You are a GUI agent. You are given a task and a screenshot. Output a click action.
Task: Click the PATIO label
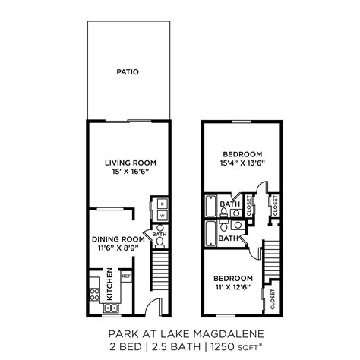[128, 73]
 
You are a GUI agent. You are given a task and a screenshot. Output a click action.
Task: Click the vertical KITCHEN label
[110, 283]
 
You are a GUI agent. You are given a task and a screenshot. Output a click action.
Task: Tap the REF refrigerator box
[127, 277]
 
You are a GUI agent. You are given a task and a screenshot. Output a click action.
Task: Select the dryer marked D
[163, 204]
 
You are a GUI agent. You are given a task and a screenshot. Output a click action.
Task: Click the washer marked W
[163, 216]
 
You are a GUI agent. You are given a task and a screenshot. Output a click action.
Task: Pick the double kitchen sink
[111, 308]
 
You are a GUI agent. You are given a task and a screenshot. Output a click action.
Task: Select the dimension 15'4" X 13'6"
[242, 162]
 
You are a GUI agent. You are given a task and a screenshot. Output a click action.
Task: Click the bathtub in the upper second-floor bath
[210, 206]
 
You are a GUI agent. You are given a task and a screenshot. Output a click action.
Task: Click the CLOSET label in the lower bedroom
[273, 300]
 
